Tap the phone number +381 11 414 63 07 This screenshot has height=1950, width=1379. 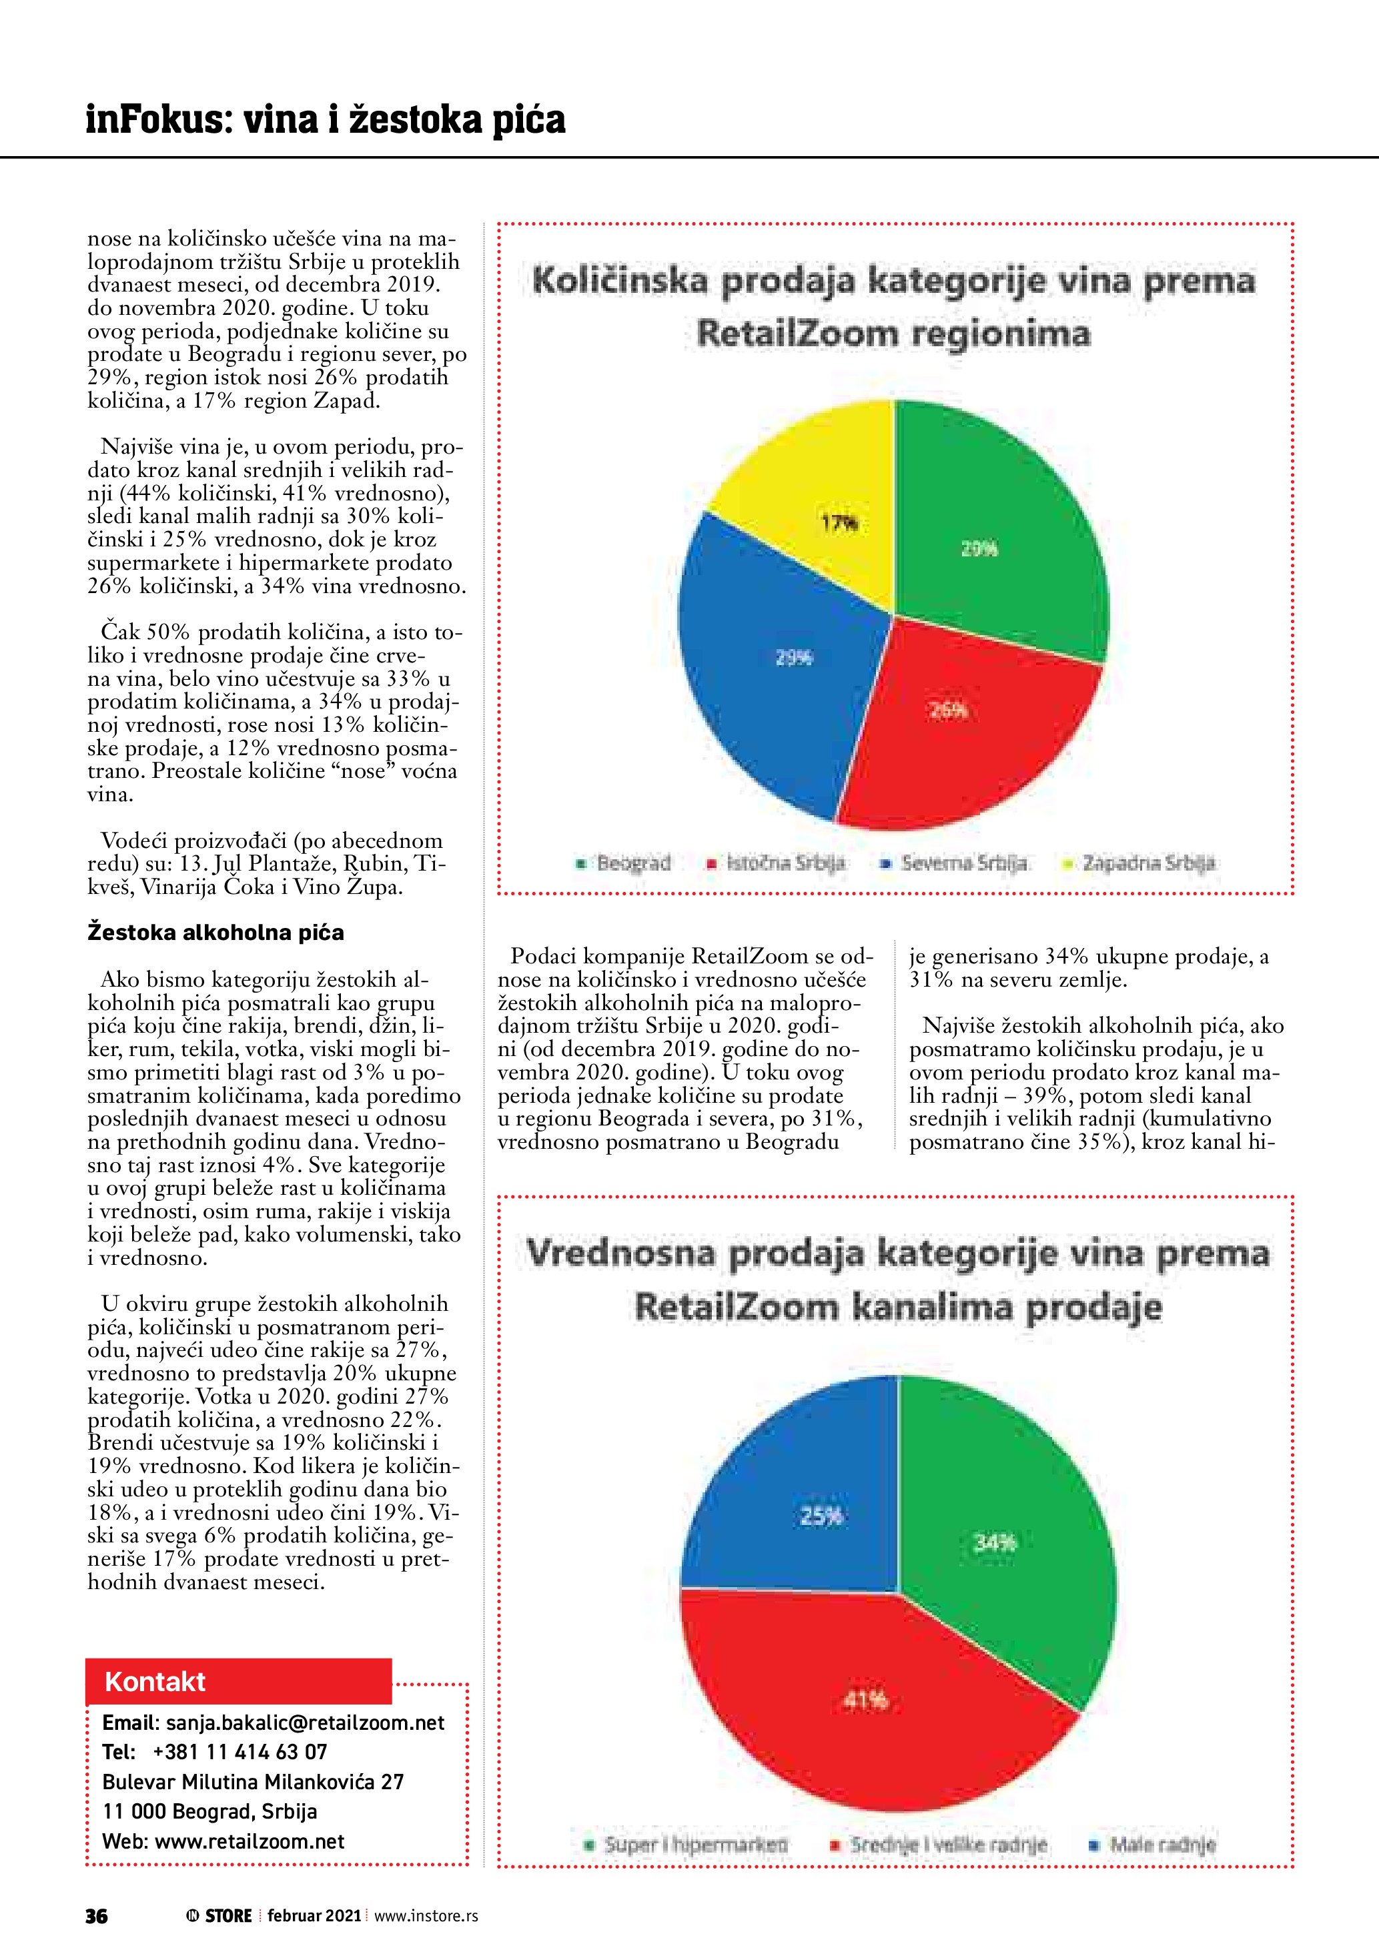[x=240, y=1752]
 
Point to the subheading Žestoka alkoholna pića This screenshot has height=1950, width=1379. [x=215, y=933]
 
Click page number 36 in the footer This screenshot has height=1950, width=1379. [x=96, y=1916]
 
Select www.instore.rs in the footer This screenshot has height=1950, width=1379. [x=426, y=1916]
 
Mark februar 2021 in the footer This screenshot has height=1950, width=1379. [x=314, y=1916]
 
